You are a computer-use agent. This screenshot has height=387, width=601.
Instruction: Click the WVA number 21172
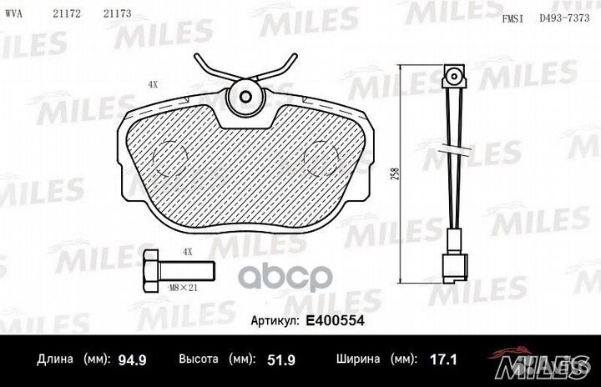point(67,14)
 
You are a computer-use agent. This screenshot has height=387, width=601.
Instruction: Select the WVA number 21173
point(118,14)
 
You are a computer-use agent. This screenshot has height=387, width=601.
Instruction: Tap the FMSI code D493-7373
point(564,18)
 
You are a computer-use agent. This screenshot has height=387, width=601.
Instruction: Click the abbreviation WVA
point(13,14)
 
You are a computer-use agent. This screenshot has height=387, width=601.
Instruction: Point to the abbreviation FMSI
point(513,18)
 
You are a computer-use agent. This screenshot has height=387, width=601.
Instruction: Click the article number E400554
point(335,320)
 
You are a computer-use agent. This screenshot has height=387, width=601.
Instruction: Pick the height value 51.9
point(281,359)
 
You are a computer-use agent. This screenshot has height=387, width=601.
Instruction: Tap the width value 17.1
point(443,359)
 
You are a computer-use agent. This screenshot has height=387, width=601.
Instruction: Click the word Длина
point(55,359)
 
